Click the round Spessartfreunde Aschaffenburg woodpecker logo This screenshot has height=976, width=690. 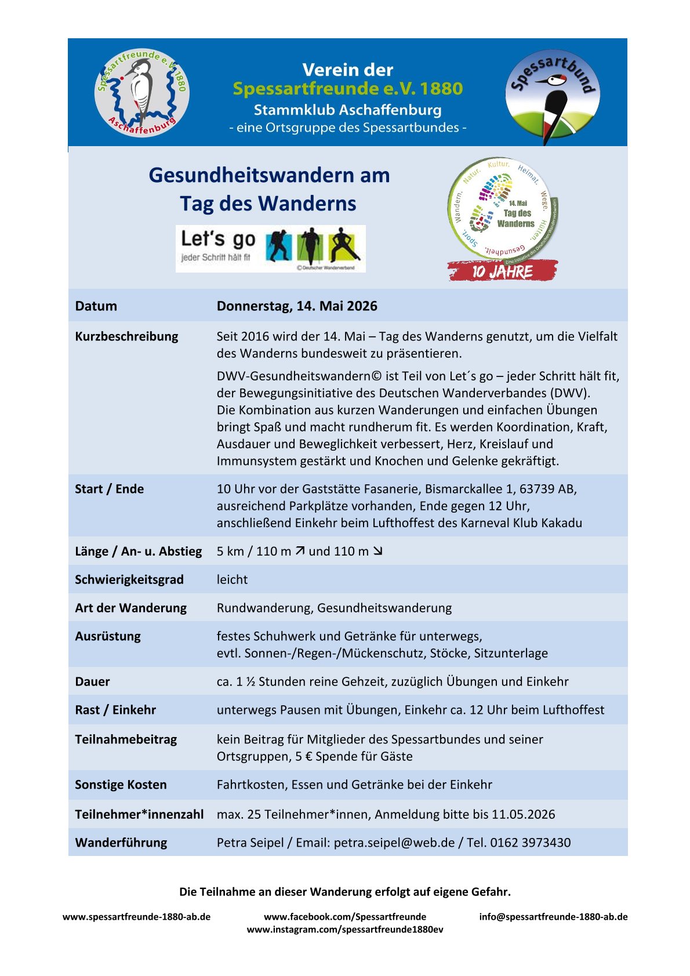tap(142, 92)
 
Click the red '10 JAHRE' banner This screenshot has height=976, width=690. tap(502, 271)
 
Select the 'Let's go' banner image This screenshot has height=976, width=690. tap(270, 248)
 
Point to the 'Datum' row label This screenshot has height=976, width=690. tap(96, 306)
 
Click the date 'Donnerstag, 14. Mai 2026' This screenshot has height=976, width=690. tap(297, 306)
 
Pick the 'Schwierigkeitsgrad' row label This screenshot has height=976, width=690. tap(129, 579)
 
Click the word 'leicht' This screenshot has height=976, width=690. tap(232, 579)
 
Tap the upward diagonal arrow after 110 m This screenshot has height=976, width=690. tap(300, 551)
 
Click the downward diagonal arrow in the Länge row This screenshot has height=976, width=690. tap(377, 551)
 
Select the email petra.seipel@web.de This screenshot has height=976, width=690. tap(394, 843)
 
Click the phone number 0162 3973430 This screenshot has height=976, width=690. tap(531, 843)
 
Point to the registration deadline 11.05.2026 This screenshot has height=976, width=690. tap(523, 814)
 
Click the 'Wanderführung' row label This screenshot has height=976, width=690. tap(121, 843)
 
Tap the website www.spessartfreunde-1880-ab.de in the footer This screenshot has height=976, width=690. tap(136, 917)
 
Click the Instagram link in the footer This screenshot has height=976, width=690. tap(345, 930)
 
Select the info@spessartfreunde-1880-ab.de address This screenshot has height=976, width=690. tap(553, 917)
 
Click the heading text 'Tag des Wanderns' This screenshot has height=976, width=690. tap(268, 204)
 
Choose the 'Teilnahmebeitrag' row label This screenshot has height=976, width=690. tap(126, 739)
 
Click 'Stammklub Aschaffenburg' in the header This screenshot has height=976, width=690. tap(347, 110)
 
